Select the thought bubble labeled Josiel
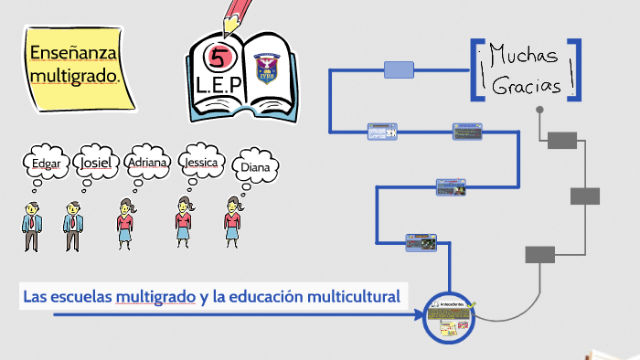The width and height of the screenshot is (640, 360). (96, 164)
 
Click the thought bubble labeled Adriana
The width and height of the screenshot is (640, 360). (147, 163)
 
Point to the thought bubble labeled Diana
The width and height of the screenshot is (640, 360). (255, 166)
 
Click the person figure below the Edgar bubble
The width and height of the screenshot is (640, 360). (32, 226)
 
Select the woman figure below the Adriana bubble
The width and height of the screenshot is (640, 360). (125, 224)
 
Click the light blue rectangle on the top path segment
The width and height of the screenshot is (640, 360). (399, 70)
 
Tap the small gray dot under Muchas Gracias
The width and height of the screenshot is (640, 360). (539, 111)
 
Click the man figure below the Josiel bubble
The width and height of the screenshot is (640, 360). (72, 226)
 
